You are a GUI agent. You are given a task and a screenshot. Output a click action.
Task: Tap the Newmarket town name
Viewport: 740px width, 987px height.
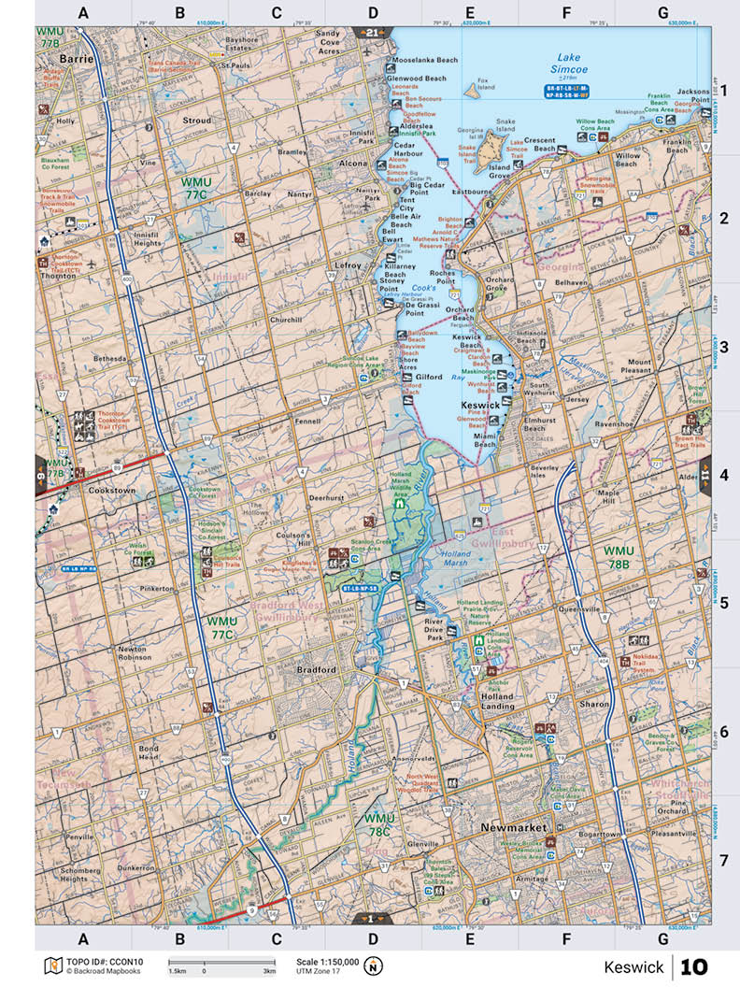[512, 828]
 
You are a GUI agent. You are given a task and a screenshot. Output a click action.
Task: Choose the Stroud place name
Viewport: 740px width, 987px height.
[197, 121]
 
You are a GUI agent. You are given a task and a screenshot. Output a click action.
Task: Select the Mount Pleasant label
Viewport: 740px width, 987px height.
[639, 366]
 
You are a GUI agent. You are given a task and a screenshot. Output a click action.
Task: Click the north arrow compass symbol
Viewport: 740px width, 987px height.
[374, 966]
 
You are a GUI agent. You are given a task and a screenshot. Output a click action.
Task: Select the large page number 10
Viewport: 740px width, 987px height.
[694, 966]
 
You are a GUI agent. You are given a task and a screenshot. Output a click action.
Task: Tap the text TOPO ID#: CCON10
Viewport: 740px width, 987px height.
[100, 961]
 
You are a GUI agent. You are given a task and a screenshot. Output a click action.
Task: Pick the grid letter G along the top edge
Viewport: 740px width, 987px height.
[662, 12]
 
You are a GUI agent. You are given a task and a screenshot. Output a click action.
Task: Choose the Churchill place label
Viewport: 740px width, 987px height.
[285, 320]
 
